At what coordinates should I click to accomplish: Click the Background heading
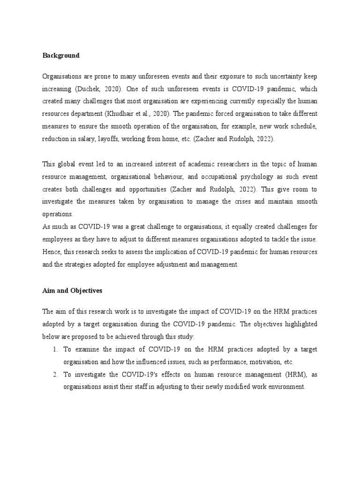61,55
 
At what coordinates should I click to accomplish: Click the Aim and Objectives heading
72,291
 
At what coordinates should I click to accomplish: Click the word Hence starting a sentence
51,252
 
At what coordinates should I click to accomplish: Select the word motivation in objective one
261,362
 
